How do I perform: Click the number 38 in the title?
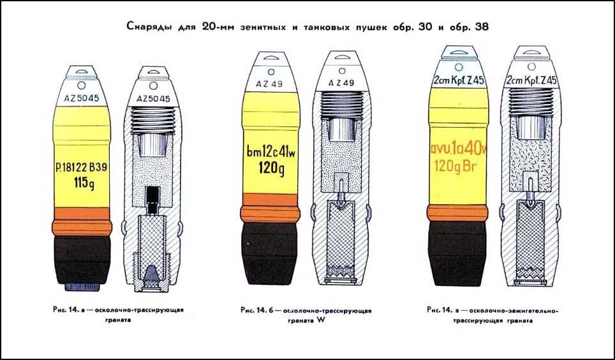[482, 27]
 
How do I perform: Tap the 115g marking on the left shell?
[84, 183]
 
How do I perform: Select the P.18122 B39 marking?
[81, 168]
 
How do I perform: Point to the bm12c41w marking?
[270, 153]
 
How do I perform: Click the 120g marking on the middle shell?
[271, 168]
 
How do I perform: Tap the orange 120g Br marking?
[455, 166]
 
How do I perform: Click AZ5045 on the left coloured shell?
[82, 98]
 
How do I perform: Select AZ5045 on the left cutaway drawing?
[153, 99]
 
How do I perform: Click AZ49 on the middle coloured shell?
[270, 84]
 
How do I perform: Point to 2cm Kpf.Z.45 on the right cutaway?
[531, 80]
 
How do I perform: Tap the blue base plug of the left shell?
[82, 287]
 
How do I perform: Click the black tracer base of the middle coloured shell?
[270, 254]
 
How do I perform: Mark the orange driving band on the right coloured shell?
[457, 213]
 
